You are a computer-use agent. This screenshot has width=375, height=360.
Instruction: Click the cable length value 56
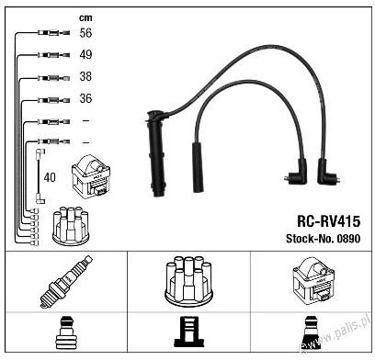coord(85,33)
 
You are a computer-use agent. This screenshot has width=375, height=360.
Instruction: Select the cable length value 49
coord(85,54)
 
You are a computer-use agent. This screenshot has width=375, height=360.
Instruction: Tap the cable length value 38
coord(85,76)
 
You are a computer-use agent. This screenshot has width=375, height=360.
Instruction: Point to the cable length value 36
coord(85,98)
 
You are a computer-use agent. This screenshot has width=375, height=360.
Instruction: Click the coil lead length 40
coord(50,177)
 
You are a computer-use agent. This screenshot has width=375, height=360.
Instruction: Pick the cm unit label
coord(85,17)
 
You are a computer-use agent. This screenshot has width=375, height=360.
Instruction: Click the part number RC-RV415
coord(328,221)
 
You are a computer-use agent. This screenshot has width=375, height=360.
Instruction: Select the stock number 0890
coord(348,239)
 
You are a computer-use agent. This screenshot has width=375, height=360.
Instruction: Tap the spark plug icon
coord(66,282)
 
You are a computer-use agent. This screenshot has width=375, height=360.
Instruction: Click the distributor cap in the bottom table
coord(188,281)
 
